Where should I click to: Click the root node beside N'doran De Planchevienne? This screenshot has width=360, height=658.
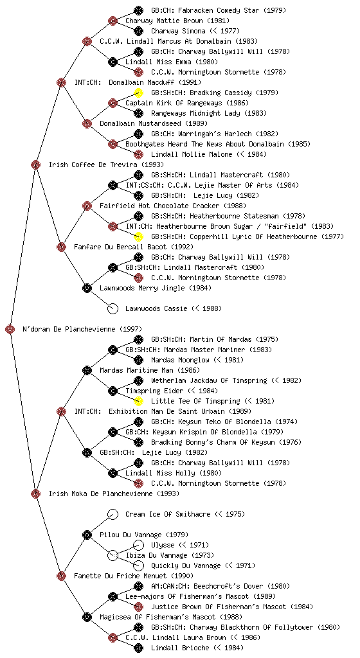tap(10, 329)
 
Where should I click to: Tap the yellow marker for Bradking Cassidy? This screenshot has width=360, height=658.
tap(138, 93)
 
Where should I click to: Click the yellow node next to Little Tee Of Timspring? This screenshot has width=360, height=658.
tap(138, 401)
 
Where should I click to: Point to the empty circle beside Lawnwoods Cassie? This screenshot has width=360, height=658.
tap(113, 308)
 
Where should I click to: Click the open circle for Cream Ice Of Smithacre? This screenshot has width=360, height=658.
tap(113, 514)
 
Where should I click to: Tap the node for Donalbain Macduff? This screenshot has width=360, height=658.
tap(61, 82)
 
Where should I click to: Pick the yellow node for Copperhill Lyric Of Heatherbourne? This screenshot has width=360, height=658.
tap(138, 236)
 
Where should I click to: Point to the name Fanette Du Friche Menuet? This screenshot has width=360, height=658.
tap(113, 576)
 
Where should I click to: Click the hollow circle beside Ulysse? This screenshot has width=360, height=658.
tap(138, 545)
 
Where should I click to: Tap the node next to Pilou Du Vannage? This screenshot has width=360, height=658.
tap(87, 535)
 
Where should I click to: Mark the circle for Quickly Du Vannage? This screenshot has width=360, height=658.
tap(138, 565)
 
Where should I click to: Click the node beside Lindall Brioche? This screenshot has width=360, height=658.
tap(138, 648)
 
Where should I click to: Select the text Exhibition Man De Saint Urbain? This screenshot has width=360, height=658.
tap(166, 411)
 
